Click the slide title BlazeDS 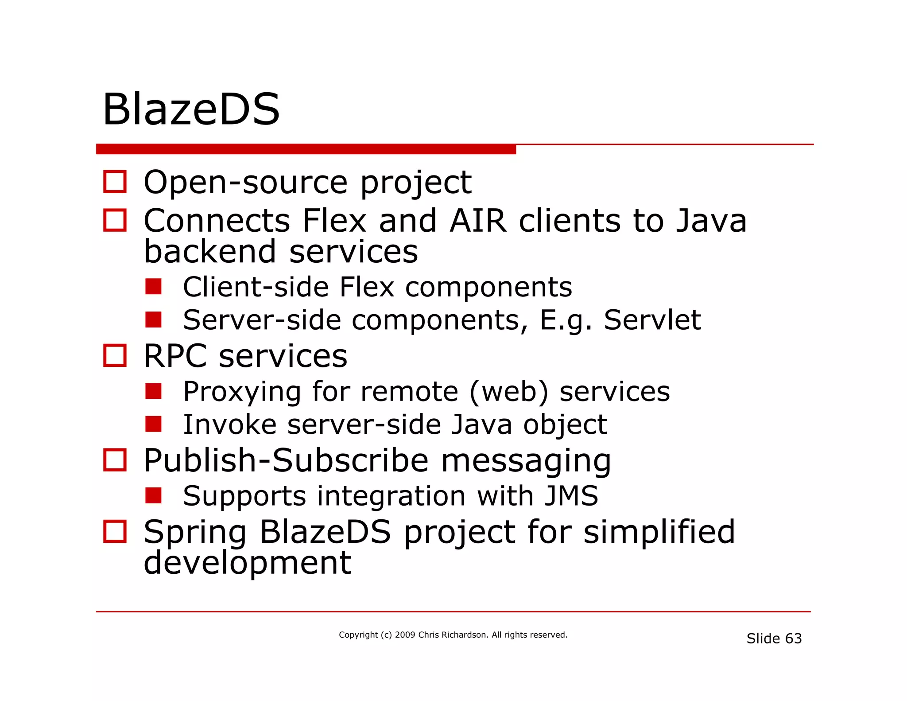[191, 109]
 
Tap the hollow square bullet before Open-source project [115, 182]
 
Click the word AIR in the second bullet [477, 221]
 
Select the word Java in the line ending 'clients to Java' [711, 221]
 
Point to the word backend [210, 251]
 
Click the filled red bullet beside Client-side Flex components [153, 287]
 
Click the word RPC [175, 356]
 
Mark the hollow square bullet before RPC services [115, 355]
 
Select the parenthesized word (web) [508, 392]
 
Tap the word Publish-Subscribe [286, 460]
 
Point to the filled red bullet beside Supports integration [153, 495]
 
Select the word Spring [195, 533]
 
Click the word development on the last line [248, 563]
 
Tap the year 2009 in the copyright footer [405, 635]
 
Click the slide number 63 [793, 639]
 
